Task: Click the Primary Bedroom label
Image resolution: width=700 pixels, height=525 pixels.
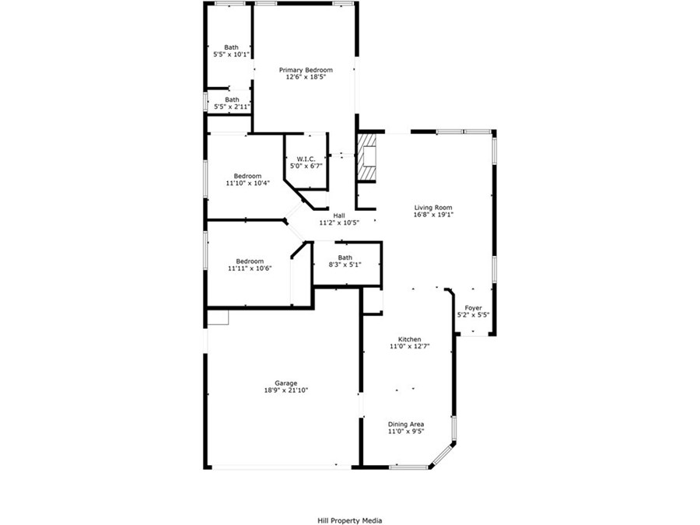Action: pyautogui.click(x=306, y=70)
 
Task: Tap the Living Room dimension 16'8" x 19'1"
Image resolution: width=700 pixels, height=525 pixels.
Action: pyautogui.click(x=433, y=215)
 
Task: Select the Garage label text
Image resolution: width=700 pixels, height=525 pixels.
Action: pyautogui.click(x=285, y=383)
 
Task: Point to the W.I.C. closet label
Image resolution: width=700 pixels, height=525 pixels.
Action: pyautogui.click(x=306, y=159)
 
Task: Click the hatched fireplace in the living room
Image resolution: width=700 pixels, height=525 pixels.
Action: pyautogui.click(x=366, y=158)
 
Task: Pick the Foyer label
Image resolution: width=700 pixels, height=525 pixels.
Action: pyautogui.click(x=473, y=308)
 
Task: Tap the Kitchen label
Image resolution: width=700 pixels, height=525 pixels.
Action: pyautogui.click(x=409, y=339)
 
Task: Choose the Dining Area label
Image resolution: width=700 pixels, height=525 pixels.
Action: pyautogui.click(x=406, y=424)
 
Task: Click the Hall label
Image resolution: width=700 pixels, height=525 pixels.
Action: pyautogui.click(x=339, y=215)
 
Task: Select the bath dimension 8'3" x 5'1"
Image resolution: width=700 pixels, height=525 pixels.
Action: pyautogui.click(x=345, y=264)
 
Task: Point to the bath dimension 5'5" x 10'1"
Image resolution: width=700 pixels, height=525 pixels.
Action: pyautogui.click(x=231, y=54)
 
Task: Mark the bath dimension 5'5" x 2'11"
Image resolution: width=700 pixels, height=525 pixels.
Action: pyautogui.click(x=232, y=107)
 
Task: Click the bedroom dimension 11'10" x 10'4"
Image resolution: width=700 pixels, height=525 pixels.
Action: pyautogui.click(x=248, y=183)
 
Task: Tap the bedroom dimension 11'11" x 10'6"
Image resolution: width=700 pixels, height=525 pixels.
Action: pyautogui.click(x=250, y=268)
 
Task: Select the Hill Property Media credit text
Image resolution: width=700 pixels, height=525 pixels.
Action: pyautogui.click(x=349, y=520)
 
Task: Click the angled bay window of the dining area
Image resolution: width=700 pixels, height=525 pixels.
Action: pyautogui.click(x=443, y=455)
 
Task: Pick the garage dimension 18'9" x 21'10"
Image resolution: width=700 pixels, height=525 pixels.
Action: pyautogui.click(x=285, y=390)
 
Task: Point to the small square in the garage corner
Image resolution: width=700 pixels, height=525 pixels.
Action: pyautogui.click(x=218, y=317)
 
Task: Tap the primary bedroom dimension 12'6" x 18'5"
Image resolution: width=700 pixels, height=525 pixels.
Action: pyautogui.click(x=306, y=77)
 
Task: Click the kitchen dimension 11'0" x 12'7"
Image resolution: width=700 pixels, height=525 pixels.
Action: pyautogui.click(x=409, y=346)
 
